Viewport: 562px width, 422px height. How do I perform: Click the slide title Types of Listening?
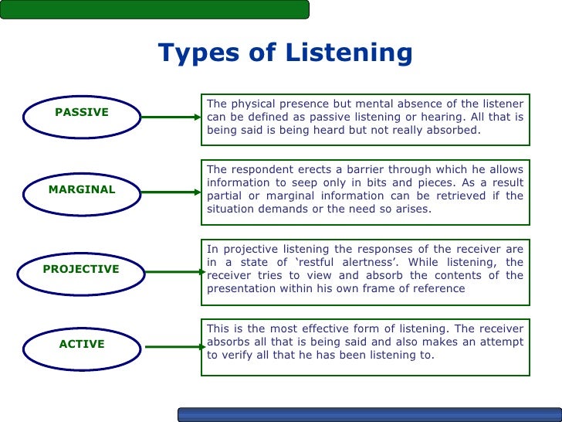pos(286,53)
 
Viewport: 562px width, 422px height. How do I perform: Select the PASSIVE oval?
pos(81,113)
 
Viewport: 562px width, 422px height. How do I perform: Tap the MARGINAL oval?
pos(81,190)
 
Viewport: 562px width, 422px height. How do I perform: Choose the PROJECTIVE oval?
pos(81,270)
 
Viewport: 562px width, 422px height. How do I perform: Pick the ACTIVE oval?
pos(81,345)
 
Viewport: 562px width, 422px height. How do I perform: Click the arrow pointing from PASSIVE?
pos(171,117)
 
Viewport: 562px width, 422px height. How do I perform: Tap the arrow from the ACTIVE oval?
pos(171,346)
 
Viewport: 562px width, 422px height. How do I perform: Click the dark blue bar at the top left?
pos(154,9)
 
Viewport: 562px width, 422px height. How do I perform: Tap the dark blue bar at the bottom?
pos(369,415)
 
